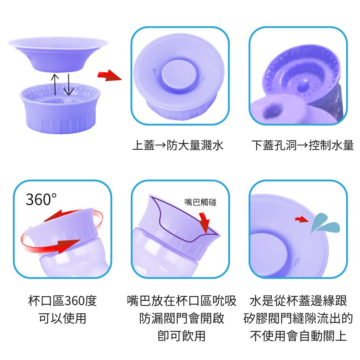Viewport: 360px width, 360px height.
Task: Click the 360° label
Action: click(41, 199)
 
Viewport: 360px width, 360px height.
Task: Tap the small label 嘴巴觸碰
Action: click(201, 202)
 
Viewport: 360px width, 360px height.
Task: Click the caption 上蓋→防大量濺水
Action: click(178, 145)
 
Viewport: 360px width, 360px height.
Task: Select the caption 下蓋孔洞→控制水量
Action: click(303, 145)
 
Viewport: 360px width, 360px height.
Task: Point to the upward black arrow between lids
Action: click(55, 84)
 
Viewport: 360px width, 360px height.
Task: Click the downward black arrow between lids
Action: click(68, 84)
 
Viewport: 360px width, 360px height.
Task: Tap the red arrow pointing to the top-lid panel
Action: click(109, 75)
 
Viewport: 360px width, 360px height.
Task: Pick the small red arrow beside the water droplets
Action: click(302, 219)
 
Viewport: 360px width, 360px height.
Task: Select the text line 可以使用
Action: click(62, 318)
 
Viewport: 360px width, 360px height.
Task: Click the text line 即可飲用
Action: click(181, 336)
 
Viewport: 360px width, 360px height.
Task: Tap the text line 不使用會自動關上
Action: click(298, 336)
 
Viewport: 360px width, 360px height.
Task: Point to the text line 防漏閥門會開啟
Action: click(181, 318)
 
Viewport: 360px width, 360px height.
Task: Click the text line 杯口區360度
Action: click(62, 301)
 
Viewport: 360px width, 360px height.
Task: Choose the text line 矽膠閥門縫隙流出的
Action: click(298, 318)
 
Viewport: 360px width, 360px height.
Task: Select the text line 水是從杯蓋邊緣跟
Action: click(298, 301)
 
